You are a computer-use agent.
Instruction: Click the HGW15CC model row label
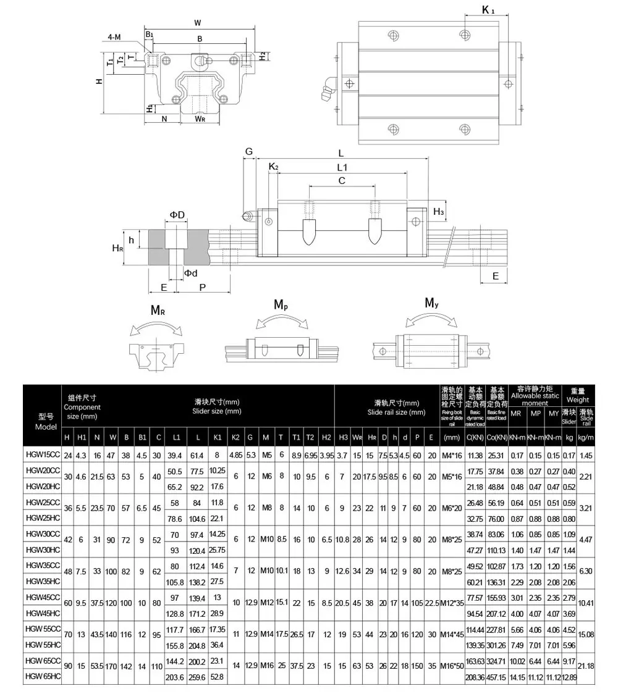pos(42,456)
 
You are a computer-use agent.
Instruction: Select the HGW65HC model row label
pos(42,677)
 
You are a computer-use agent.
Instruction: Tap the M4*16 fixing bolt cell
pos(452,456)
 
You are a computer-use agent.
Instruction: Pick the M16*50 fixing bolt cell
pos(452,669)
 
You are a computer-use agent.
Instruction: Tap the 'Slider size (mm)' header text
pos(216,411)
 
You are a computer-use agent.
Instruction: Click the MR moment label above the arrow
pos(158,310)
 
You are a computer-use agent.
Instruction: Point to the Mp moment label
pos(281,305)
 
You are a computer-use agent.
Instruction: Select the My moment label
pos(431,303)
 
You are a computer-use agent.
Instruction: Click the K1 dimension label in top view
pos(488,9)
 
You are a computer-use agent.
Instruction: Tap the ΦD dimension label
pos(177,214)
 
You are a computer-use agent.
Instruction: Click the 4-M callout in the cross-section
pos(114,37)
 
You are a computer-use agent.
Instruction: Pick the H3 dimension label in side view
pos(438,212)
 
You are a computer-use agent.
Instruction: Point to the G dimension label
pos(249,151)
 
